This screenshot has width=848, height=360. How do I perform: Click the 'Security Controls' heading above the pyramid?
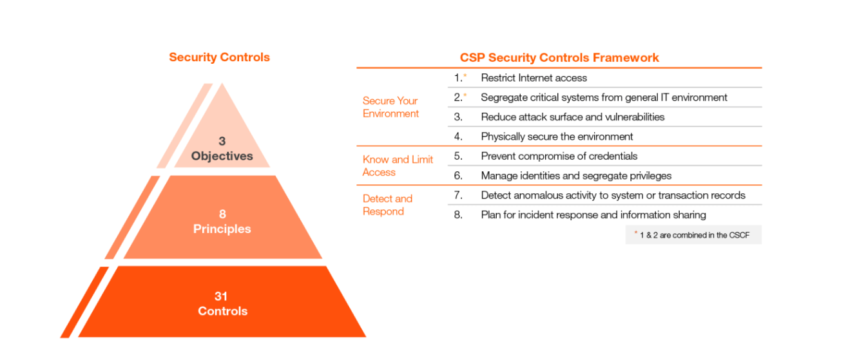pos(219,57)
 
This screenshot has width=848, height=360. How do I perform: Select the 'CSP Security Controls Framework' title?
pos(559,57)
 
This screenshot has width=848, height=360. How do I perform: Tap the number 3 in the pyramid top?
pos(222,141)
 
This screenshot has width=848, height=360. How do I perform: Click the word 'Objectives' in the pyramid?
pos(222,156)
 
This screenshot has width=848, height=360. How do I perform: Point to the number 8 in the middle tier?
pos(222,214)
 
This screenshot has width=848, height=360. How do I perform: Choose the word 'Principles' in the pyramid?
pos(222,229)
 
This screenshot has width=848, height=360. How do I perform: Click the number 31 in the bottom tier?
pos(221,296)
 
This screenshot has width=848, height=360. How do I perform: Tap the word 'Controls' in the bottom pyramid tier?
pos(222,311)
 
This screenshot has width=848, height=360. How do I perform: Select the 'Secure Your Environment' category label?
pos(390,107)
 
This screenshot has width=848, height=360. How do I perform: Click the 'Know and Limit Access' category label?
pos(398,166)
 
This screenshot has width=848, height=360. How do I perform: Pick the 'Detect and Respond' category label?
pos(387,205)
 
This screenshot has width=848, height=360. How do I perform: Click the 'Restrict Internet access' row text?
pos(534,78)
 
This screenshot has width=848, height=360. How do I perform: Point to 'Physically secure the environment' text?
pos(557,137)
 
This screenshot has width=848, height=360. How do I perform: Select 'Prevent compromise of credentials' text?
pos(559,156)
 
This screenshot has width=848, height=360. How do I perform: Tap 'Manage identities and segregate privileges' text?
pos(576,176)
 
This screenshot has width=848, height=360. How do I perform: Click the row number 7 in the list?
pos(458,195)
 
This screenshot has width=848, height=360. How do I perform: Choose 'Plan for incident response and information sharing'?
pos(593,215)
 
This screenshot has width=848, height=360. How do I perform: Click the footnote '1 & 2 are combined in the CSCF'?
pos(694,235)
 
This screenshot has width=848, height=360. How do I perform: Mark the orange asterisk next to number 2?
pos(465,95)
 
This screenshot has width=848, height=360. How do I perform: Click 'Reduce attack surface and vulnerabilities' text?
pos(572,117)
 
